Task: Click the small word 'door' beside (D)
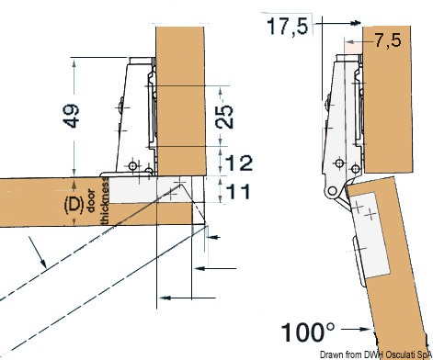pyautogui.click(x=94, y=203)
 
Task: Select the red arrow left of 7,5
pyautogui.click(x=352, y=41)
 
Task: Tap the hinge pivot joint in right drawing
pyautogui.click(x=328, y=192)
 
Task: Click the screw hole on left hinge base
pyautogui.click(x=135, y=165)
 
